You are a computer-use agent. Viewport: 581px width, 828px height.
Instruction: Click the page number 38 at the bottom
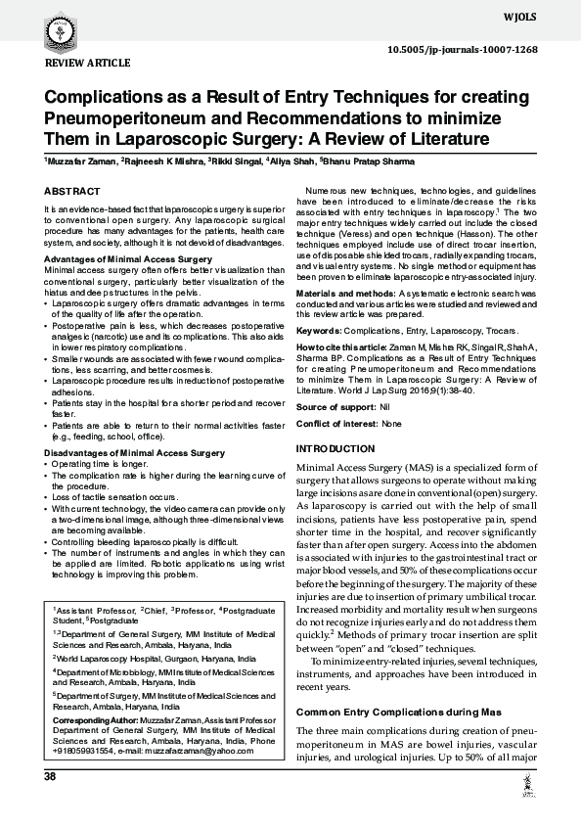pyautogui.click(x=50, y=776)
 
